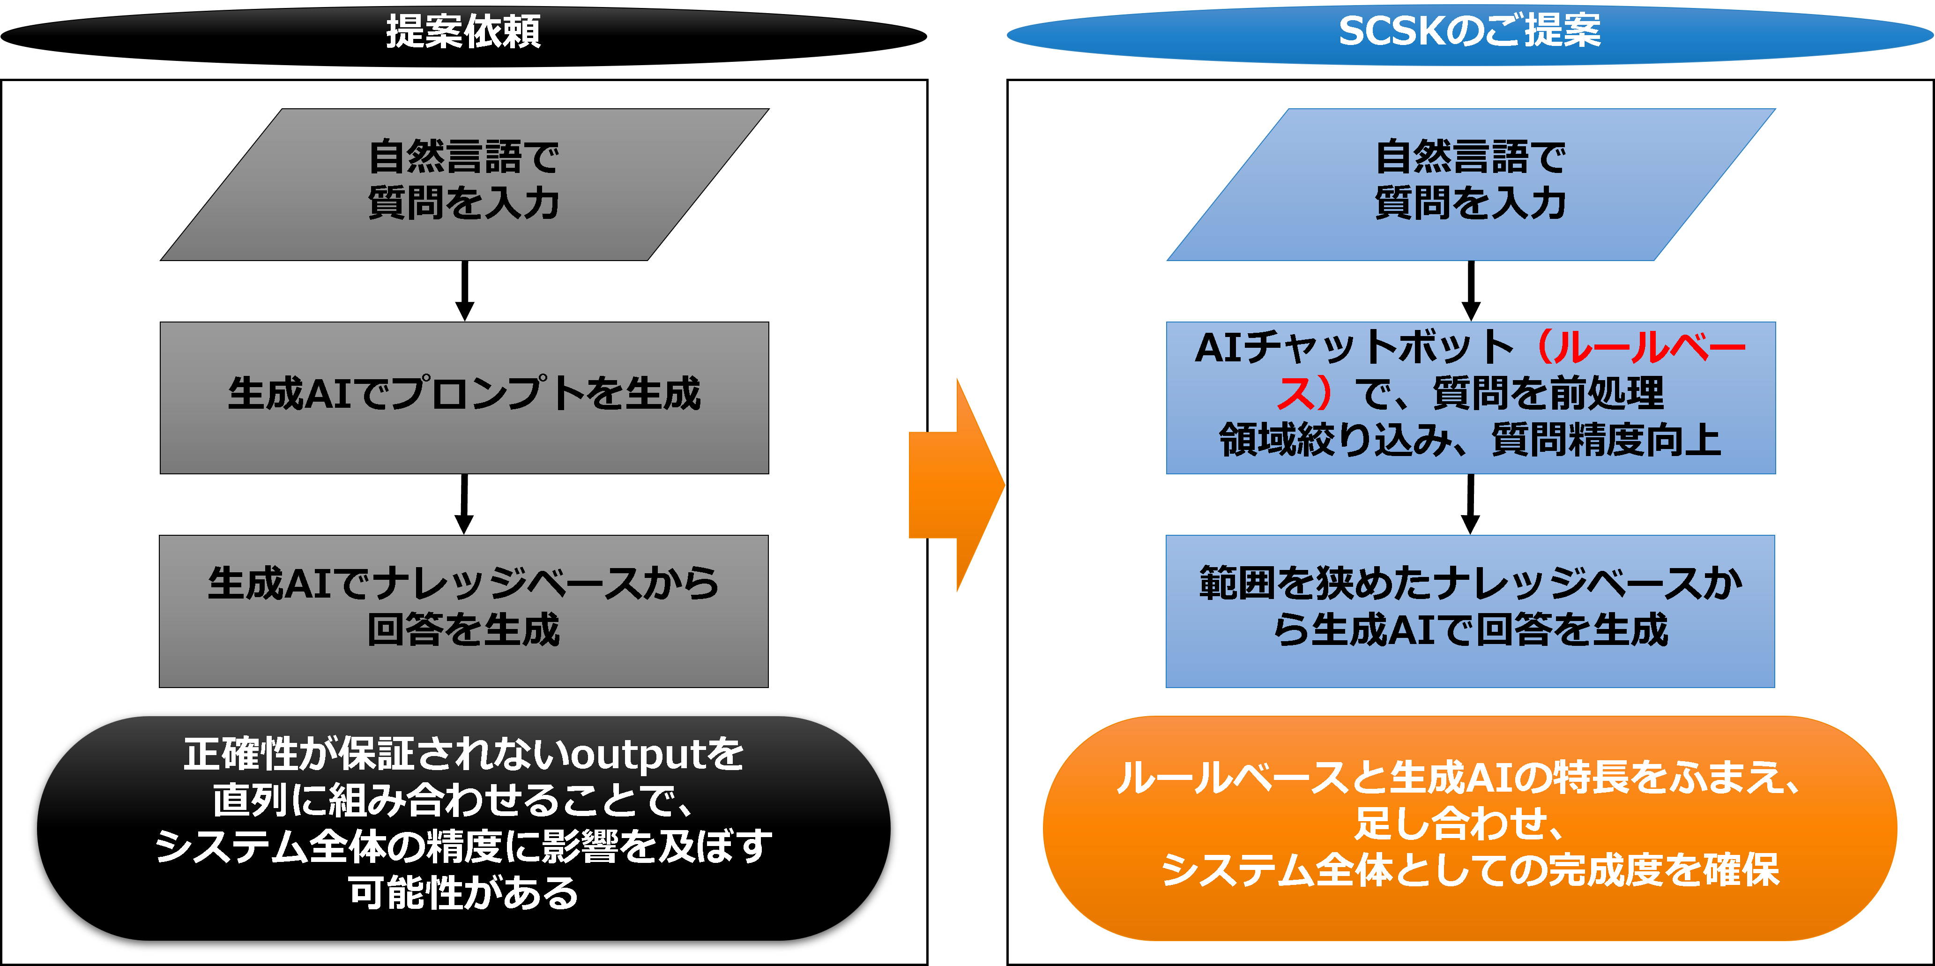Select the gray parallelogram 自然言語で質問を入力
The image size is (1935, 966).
click(x=464, y=185)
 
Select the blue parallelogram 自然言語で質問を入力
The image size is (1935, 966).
click(x=1470, y=185)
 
